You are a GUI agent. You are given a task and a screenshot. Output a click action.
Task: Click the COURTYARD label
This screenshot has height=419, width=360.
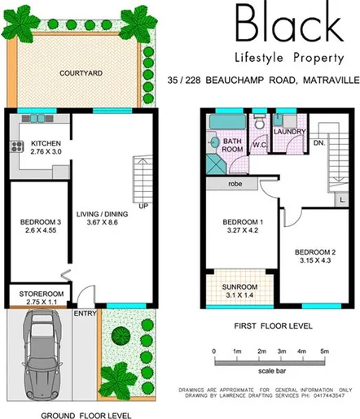coord(81,72)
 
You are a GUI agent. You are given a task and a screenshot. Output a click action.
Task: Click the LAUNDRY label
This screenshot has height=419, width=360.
coord(289,131)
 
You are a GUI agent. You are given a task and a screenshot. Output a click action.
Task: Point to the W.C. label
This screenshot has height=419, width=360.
coord(260,146)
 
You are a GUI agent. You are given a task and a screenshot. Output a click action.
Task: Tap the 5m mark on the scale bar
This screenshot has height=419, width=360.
coord(324,351)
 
